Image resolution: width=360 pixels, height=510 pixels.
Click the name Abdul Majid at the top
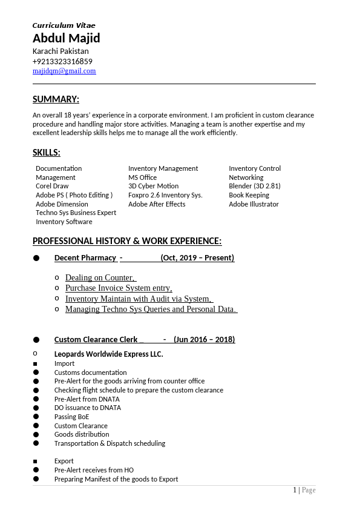(67, 38)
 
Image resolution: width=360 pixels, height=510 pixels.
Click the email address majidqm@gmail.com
(64, 71)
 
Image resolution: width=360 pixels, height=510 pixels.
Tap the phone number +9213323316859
(62, 61)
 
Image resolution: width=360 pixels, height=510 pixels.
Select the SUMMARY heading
(56, 99)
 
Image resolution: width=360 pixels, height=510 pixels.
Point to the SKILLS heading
(47, 153)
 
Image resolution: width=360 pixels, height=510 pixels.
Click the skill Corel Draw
(52, 186)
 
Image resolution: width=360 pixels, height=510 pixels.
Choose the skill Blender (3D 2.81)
(255, 186)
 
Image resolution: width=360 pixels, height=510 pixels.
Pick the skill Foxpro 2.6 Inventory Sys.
(165, 195)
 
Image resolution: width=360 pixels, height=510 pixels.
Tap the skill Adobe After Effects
(157, 204)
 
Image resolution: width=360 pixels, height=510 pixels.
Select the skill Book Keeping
(249, 195)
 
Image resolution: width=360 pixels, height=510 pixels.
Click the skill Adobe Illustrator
(254, 204)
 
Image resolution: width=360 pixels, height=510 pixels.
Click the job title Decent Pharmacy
(85, 258)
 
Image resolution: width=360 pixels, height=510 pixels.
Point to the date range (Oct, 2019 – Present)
(197, 258)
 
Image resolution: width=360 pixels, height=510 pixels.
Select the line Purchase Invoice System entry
(119, 288)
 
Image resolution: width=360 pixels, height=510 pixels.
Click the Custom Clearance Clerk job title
(96, 339)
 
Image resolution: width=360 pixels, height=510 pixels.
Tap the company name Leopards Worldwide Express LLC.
(109, 354)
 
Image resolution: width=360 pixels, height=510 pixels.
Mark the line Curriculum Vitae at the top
(64, 25)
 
